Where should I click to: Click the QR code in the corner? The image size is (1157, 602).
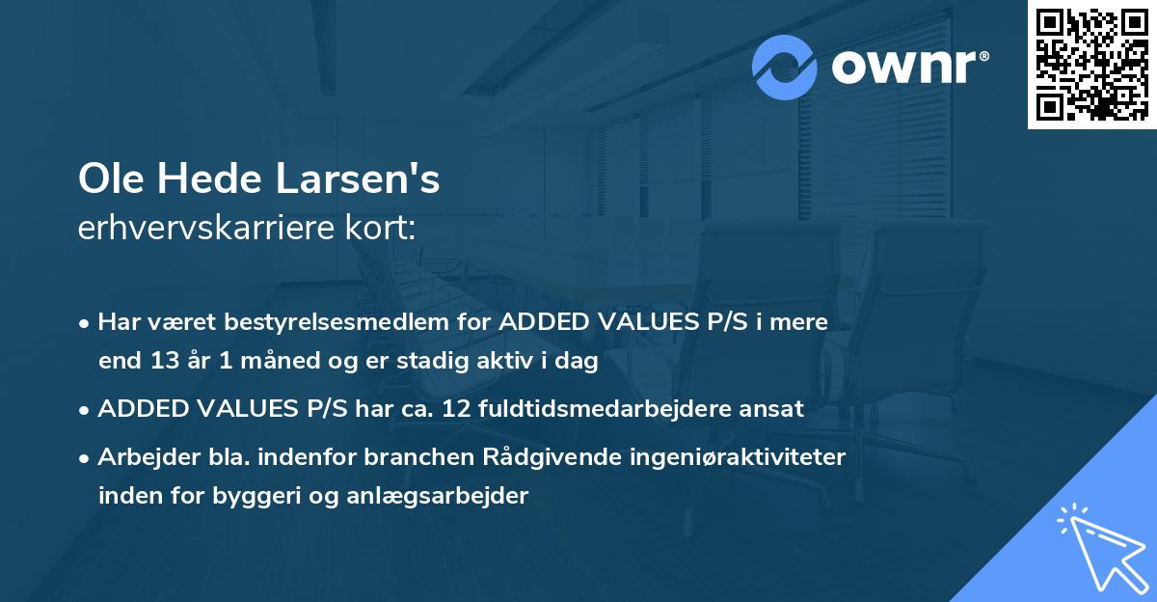pyautogui.click(x=1091, y=65)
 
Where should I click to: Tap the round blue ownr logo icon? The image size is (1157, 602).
pyautogui.click(x=785, y=67)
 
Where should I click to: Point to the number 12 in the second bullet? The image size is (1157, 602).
pyautogui.click(x=457, y=408)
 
